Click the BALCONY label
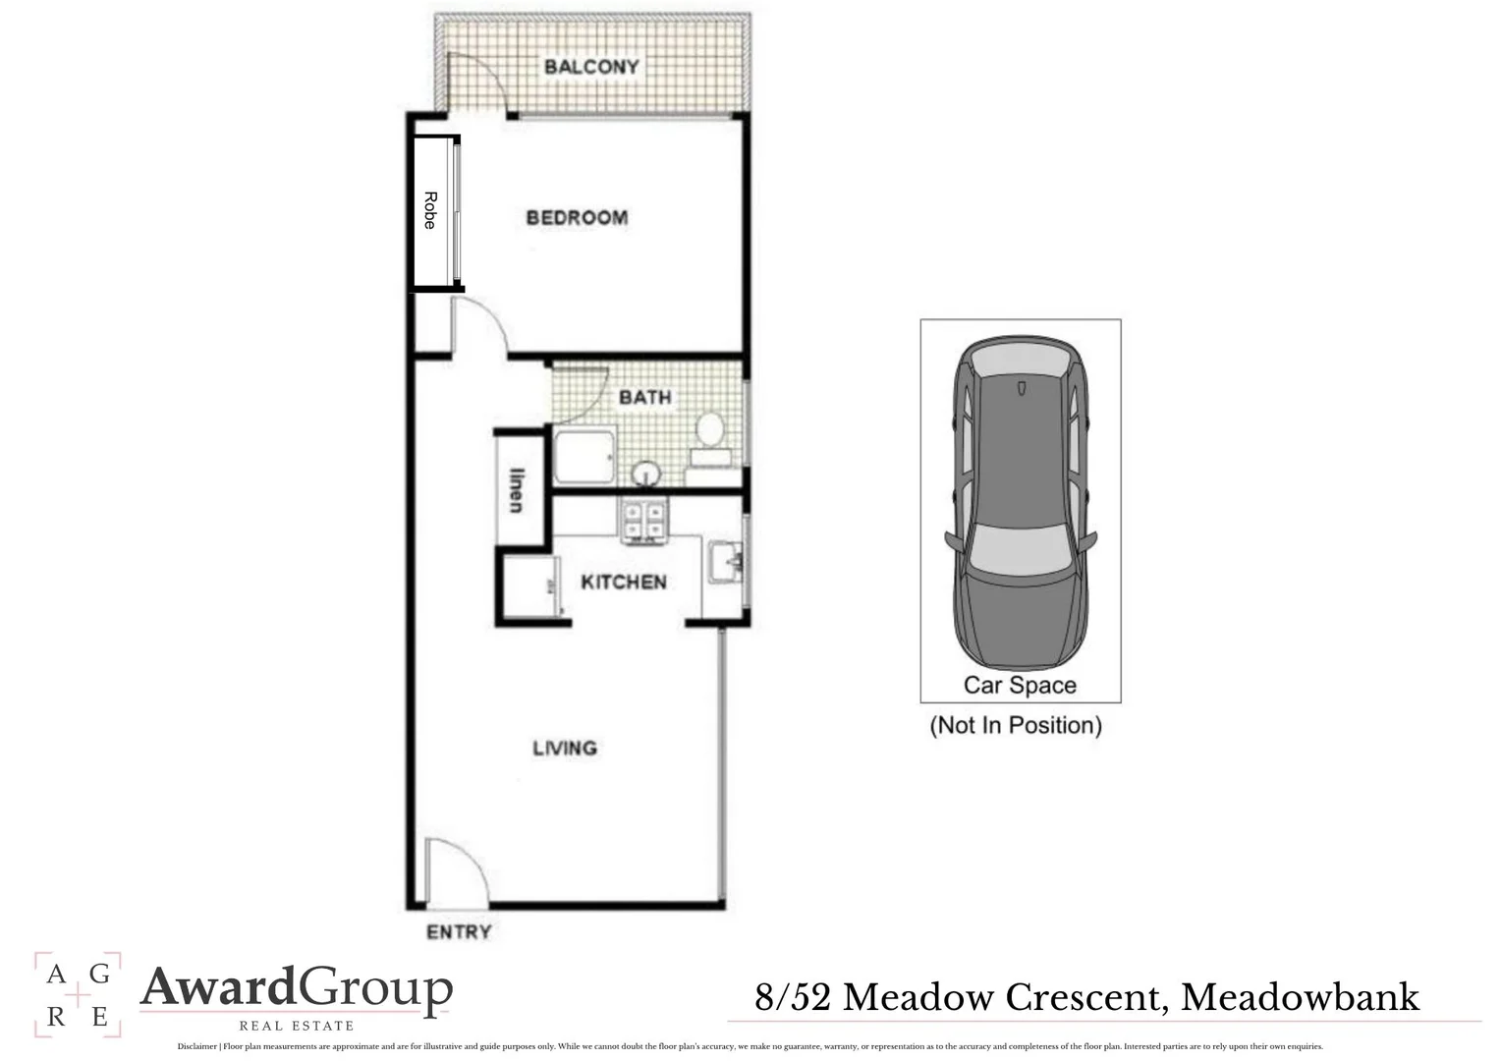click(x=591, y=67)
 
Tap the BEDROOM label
click(x=577, y=218)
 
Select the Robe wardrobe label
click(x=430, y=210)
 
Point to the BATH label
click(x=645, y=398)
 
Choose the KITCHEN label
click(x=624, y=583)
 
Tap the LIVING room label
click(x=565, y=749)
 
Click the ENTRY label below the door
click(x=459, y=931)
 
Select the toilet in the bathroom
click(x=709, y=437)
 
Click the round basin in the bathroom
click(x=645, y=474)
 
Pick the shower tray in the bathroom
click(x=584, y=457)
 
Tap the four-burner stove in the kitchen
click(x=644, y=521)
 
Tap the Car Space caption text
click(x=1020, y=686)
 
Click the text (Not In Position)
click(x=1016, y=726)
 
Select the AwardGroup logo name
click(x=297, y=988)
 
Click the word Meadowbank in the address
click(x=1300, y=997)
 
